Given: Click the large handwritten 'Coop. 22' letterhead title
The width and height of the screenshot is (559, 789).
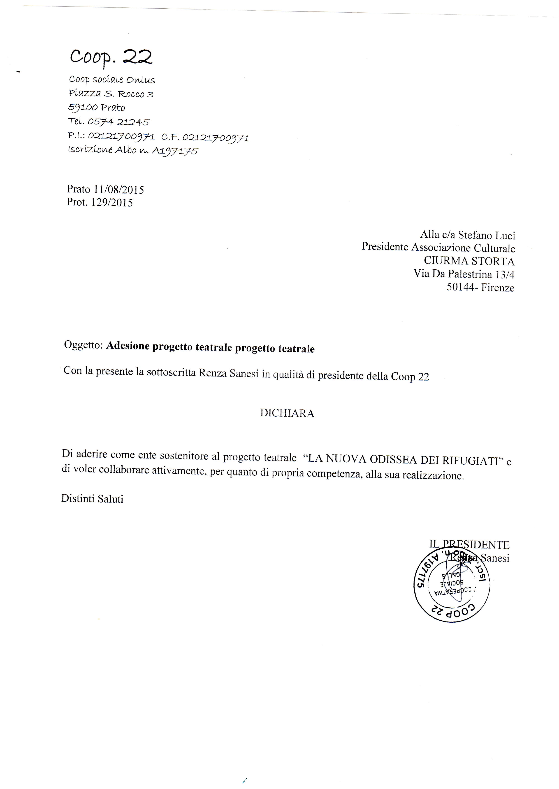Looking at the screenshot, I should click(x=111, y=57).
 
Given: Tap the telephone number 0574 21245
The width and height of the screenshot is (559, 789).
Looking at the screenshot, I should click(x=118, y=122).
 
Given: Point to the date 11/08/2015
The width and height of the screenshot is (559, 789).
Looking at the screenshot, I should click(x=119, y=189).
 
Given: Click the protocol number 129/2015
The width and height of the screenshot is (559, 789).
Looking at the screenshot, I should click(x=112, y=202).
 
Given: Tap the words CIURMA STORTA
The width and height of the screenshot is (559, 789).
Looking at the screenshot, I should click(x=469, y=261).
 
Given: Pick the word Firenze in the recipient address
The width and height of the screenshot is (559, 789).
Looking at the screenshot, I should click(x=498, y=287).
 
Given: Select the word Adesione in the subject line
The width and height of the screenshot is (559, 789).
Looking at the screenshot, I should click(x=128, y=346).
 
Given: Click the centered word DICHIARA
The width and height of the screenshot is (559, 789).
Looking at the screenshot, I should click(x=287, y=413).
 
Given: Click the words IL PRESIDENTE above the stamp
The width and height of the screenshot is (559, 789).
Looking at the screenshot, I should click(x=469, y=545).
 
